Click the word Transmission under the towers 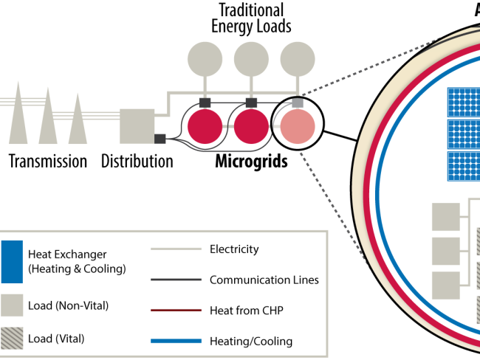[x=47, y=161]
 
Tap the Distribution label [x=137, y=161]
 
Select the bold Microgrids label [x=251, y=161]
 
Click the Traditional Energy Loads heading [x=251, y=18]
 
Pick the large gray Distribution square [x=137, y=125]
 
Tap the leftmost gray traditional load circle [x=205, y=58]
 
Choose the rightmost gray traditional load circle [x=297, y=58]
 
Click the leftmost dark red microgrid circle [x=206, y=126]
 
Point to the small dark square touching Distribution [x=160, y=138]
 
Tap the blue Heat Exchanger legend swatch [x=12, y=262]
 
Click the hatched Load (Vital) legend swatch [x=12, y=339]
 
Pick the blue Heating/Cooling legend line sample [x=176, y=342]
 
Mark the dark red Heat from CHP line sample [x=176, y=311]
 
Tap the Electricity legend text [x=234, y=249]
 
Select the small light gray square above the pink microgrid [x=297, y=103]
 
